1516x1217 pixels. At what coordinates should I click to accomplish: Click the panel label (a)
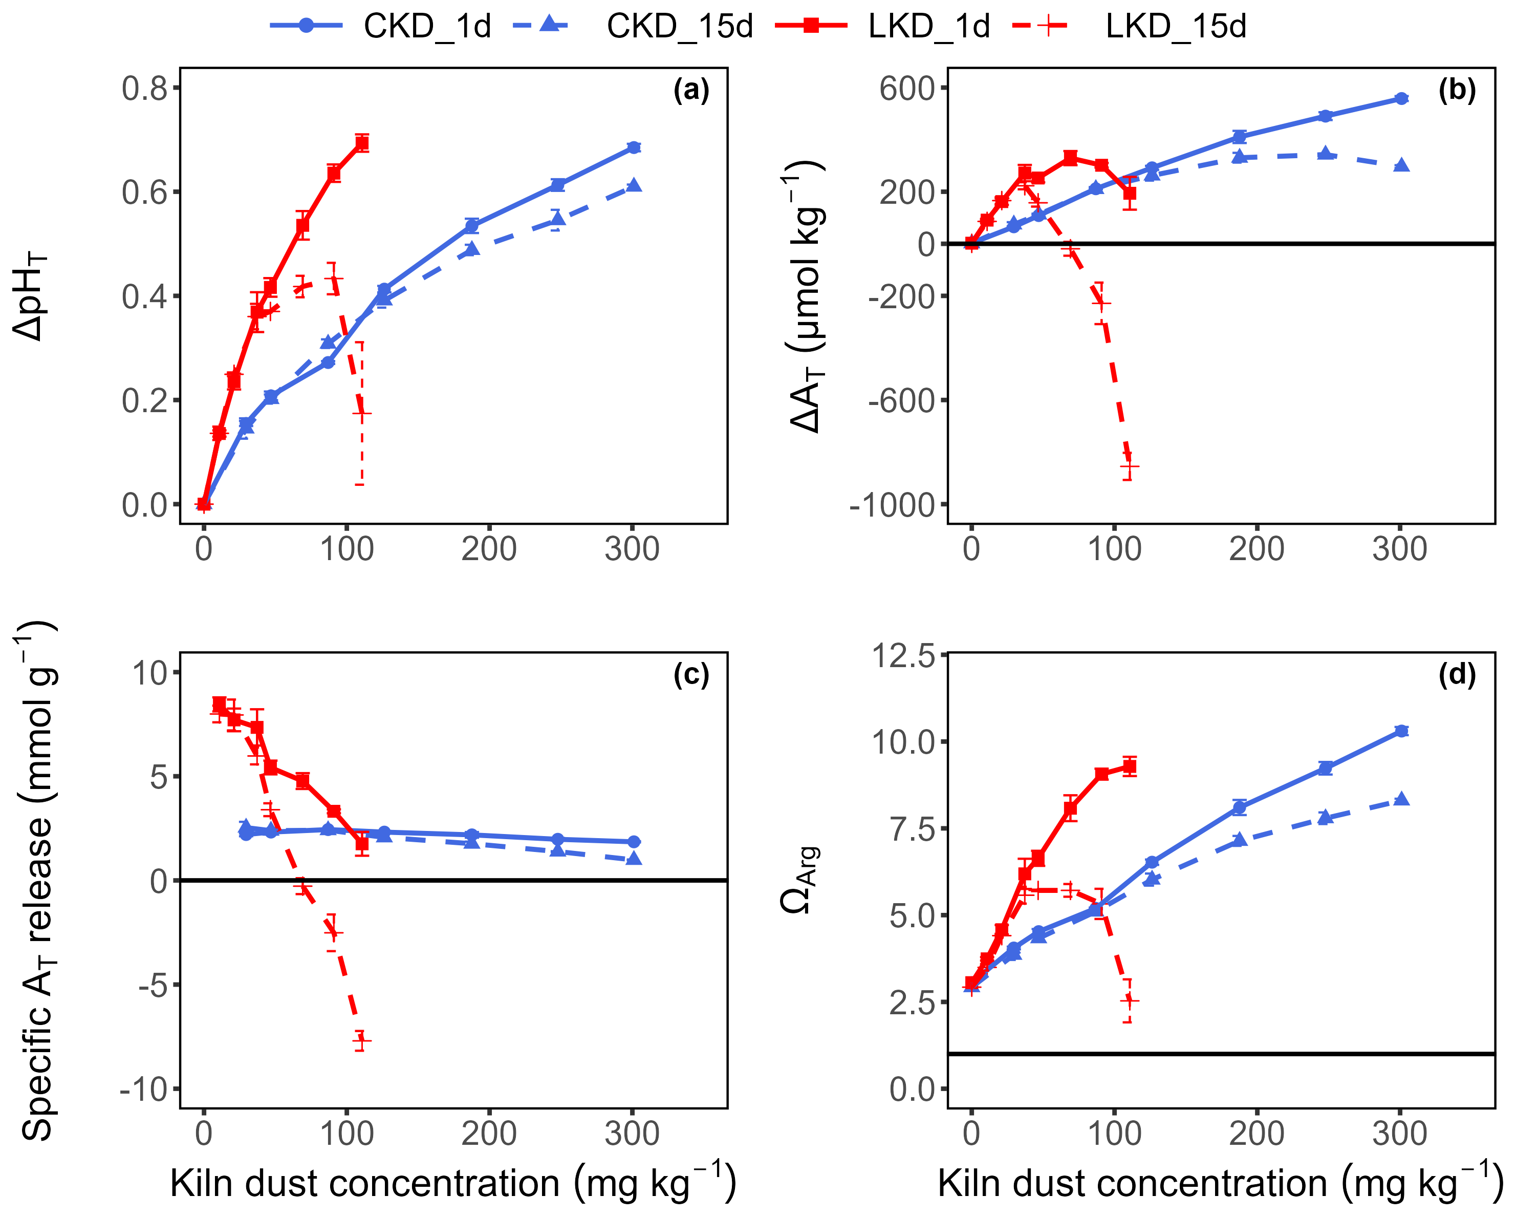(691, 90)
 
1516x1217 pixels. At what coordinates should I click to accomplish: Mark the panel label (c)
(691, 675)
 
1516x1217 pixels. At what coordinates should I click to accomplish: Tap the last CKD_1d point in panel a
(634, 148)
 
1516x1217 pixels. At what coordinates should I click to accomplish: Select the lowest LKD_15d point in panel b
(1129, 466)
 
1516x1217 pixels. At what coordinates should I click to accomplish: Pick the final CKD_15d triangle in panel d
(1401, 799)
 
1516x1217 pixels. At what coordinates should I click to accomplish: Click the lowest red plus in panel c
(361, 1040)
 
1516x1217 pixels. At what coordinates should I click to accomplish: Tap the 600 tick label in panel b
(907, 89)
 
